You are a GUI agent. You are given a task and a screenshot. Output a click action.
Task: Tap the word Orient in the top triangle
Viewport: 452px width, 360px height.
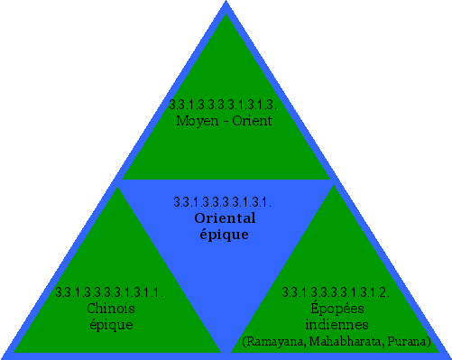[252, 120]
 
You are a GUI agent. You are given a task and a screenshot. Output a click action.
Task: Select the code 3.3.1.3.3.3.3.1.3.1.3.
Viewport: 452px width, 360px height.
[222, 105]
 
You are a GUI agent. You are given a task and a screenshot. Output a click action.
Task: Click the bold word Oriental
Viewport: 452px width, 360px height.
[225, 218]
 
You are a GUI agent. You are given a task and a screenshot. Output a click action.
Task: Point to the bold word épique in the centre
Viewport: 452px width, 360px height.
[224, 234]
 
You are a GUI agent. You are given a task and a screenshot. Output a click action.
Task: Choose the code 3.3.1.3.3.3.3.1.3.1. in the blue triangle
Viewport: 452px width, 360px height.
[222, 202]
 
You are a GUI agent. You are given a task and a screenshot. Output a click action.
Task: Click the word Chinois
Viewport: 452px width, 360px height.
[111, 309]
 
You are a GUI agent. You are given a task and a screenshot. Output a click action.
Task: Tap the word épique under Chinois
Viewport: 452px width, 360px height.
[111, 324]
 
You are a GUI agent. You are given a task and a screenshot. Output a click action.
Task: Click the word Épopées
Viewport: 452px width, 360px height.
[336, 309]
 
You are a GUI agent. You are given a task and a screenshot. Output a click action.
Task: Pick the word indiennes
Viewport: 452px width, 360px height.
[336, 324]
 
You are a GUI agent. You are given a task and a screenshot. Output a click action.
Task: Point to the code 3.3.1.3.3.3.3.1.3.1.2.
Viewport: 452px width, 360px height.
[336, 292]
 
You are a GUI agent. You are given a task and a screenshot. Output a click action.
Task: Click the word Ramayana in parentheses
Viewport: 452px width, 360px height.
[272, 341]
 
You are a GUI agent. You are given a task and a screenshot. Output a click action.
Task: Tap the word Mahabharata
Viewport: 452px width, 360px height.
[342, 341]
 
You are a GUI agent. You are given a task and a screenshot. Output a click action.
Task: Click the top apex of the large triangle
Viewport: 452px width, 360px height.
[225, 4]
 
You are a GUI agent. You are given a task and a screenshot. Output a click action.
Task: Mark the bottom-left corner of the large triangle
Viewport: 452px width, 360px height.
[4, 355]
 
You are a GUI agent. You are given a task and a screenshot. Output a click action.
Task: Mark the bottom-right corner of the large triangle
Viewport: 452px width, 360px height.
[447, 355]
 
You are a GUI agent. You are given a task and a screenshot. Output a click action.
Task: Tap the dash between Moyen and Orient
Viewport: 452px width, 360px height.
[226, 121]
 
